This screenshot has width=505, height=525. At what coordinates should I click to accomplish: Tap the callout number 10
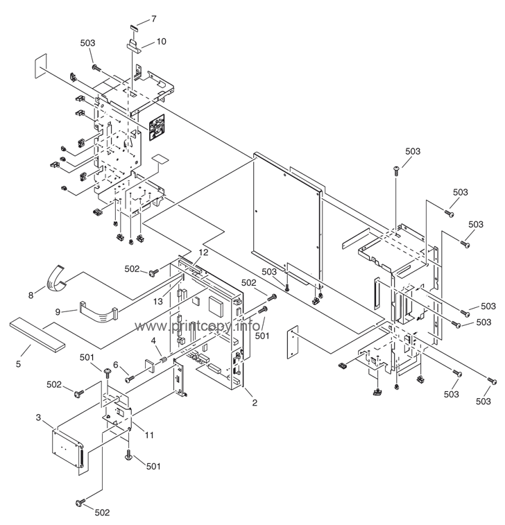[161, 42]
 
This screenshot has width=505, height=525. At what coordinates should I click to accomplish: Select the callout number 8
[31, 295]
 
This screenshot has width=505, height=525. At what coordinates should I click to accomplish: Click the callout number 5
[19, 364]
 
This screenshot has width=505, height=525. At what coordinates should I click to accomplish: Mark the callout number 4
[153, 341]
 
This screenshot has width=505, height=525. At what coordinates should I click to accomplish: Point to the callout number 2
[255, 403]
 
